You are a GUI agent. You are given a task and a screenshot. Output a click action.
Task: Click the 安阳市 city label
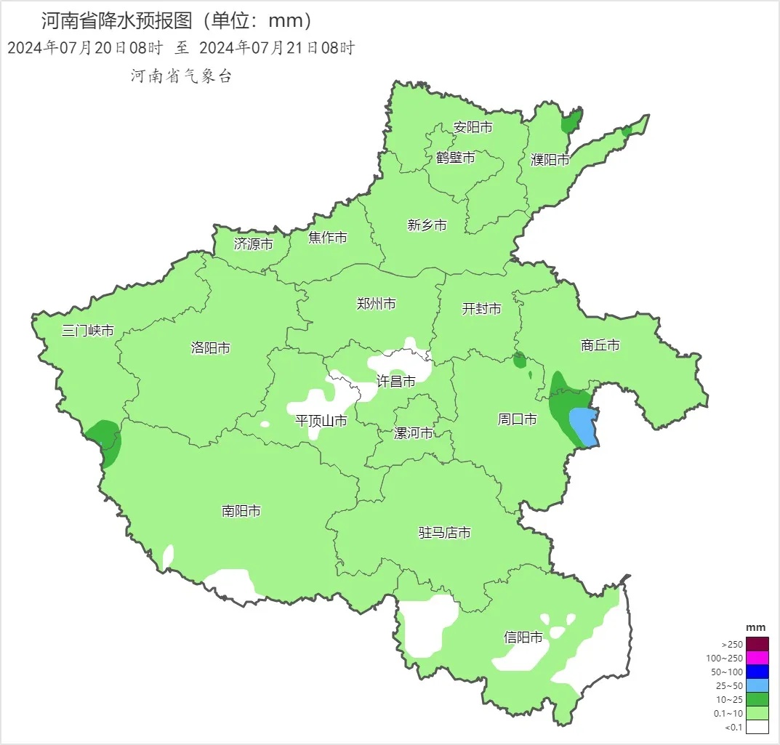point(473,128)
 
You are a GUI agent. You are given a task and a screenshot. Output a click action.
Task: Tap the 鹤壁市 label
point(456,158)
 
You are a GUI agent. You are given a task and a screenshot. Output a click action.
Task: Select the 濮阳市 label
point(550,160)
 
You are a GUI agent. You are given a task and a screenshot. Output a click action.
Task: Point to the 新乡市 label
point(427,225)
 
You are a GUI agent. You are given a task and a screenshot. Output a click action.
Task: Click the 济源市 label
point(254,244)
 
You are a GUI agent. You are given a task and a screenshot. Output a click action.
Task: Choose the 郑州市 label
point(377,304)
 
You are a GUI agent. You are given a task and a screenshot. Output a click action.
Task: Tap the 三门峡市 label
point(88,331)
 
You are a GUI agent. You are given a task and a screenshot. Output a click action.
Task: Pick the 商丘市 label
point(600,345)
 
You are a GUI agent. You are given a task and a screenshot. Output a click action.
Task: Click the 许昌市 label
point(396,381)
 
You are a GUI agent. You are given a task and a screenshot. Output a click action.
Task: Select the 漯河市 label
point(413,433)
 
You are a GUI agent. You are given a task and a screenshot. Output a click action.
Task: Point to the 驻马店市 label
point(445,533)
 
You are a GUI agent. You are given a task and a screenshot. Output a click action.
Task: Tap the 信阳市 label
point(523,637)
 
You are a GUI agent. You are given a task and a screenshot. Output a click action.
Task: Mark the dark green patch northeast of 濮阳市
point(572,122)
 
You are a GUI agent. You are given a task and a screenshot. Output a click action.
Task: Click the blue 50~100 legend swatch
point(757,672)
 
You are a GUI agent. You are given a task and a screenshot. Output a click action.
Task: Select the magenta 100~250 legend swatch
point(757,658)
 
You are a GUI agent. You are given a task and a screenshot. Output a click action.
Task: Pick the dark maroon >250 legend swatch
point(757,644)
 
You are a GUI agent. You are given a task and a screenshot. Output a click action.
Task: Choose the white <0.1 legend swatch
point(757,726)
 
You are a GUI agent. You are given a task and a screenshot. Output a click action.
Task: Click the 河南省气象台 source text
point(181,76)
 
